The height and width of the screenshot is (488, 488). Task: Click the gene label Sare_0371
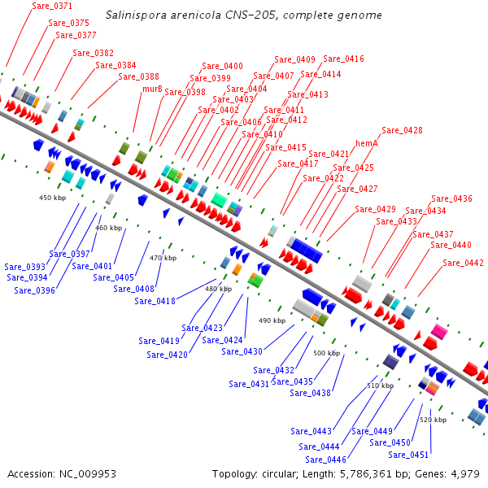(x=52, y=6)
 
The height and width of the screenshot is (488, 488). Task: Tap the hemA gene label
(x=367, y=142)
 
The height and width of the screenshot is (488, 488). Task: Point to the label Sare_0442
(x=464, y=263)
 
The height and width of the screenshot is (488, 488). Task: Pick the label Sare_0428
(x=402, y=130)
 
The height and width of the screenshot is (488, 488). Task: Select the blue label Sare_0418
(x=155, y=301)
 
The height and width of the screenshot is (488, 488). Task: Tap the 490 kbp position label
(x=272, y=320)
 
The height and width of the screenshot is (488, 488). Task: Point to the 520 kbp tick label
(x=433, y=420)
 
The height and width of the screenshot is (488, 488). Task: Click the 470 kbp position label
(x=163, y=258)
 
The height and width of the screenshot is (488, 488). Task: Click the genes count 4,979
(x=464, y=473)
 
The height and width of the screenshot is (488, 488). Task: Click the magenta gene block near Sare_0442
(x=439, y=331)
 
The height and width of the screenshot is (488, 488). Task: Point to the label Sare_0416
(x=343, y=59)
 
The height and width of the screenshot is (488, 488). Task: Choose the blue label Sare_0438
(x=310, y=393)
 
